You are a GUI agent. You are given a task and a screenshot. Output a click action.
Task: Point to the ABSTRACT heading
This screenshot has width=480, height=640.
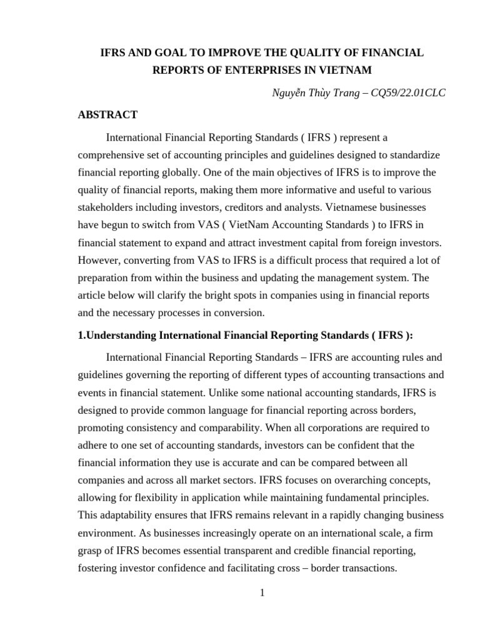107,115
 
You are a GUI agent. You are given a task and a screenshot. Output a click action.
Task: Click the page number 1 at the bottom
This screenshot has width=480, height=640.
262,593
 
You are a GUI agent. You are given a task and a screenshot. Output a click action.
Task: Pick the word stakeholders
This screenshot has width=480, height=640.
106,207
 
